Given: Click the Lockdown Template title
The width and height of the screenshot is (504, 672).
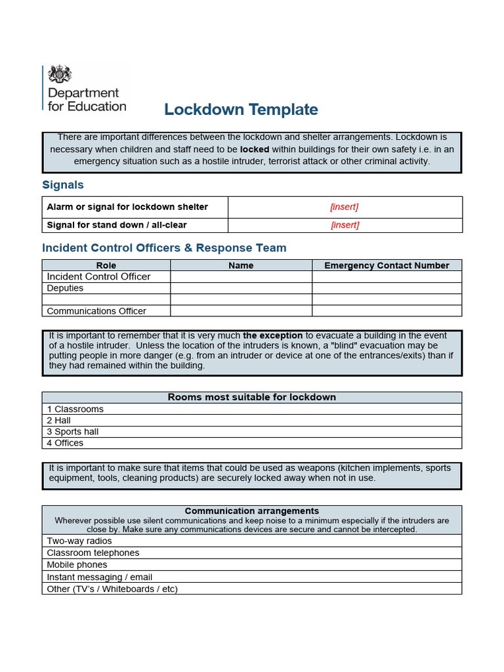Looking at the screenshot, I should pyautogui.click(x=241, y=110).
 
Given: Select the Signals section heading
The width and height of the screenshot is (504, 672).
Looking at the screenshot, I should pyautogui.click(x=63, y=185).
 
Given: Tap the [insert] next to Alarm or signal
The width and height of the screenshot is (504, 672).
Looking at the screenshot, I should pyautogui.click(x=345, y=207).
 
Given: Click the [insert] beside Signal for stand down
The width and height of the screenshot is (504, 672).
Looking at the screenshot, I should pyautogui.click(x=345, y=224).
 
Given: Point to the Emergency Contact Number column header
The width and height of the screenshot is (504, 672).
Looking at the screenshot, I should pyautogui.click(x=387, y=265).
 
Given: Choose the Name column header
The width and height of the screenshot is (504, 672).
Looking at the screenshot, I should pyautogui.click(x=241, y=265).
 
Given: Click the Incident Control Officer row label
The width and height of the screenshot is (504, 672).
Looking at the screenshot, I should pyautogui.click(x=98, y=276).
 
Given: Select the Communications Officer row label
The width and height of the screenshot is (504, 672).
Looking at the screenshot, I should pyautogui.click(x=96, y=311).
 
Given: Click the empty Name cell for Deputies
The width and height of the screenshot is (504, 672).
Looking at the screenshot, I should pyautogui.click(x=241, y=288).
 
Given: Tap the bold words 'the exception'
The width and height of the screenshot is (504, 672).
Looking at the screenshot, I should pyautogui.click(x=273, y=335).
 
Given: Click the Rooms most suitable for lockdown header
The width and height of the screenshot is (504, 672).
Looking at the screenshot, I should pyautogui.click(x=251, y=397).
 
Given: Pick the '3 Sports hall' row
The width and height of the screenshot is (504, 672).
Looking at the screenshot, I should pyautogui.click(x=73, y=432).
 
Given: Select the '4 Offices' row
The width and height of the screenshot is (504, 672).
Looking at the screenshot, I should pyautogui.click(x=65, y=443).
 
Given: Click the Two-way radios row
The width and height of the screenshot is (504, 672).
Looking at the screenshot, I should pyautogui.click(x=79, y=541).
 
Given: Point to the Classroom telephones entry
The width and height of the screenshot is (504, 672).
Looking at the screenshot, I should pyautogui.click(x=93, y=553).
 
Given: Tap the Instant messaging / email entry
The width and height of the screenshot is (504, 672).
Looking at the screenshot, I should pyautogui.click(x=99, y=577).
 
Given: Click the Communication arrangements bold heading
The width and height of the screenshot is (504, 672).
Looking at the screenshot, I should pyautogui.click(x=251, y=511).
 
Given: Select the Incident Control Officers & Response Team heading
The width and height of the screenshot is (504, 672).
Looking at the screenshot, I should pyautogui.click(x=164, y=248).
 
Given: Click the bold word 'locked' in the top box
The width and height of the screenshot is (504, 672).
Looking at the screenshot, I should pyautogui.click(x=255, y=149).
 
